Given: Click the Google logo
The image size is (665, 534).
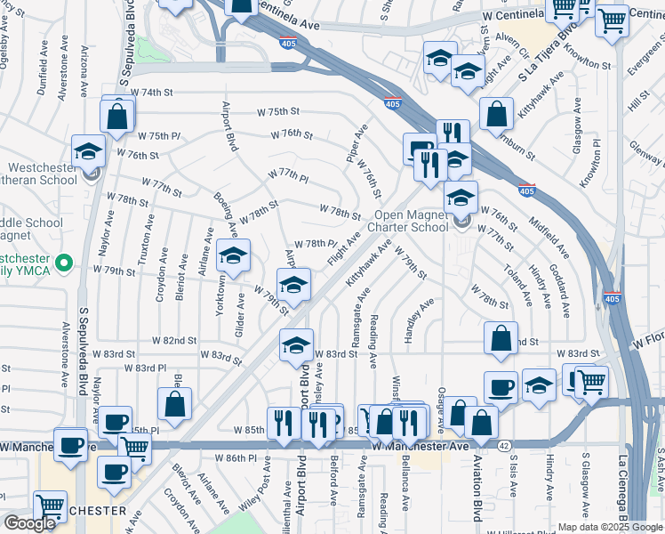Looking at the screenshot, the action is point(29,523).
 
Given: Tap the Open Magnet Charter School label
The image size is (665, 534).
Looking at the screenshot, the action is point(411,221).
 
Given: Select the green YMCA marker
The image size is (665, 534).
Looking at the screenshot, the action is point(63,264).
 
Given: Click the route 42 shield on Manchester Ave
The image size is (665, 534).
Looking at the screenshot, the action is point(503,445).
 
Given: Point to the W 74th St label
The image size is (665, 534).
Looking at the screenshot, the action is point(151,93).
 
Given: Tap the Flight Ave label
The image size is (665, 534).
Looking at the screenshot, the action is point(343,251).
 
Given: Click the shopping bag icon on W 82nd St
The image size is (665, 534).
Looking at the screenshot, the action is point(501,338).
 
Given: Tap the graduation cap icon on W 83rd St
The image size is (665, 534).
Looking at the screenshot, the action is point(297,345).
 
